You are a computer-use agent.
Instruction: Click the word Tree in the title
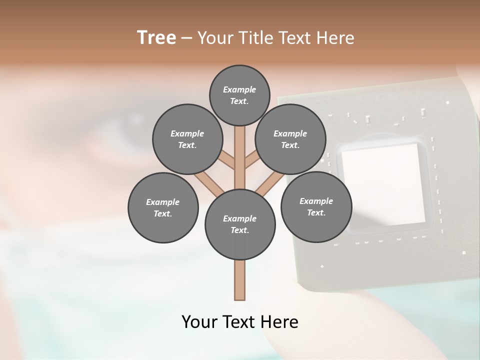(156, 37)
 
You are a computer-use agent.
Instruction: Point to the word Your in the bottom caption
(200, 322)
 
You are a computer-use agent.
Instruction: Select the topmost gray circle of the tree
(239, 95)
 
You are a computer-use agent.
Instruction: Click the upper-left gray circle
(187, 139)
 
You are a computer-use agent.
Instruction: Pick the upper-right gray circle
(290, 139)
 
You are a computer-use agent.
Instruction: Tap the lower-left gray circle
(163, 207)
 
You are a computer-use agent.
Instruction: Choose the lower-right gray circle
(316, 206)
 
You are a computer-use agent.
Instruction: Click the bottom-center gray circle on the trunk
(240, 224)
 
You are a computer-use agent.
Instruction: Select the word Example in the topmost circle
(239, 89)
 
